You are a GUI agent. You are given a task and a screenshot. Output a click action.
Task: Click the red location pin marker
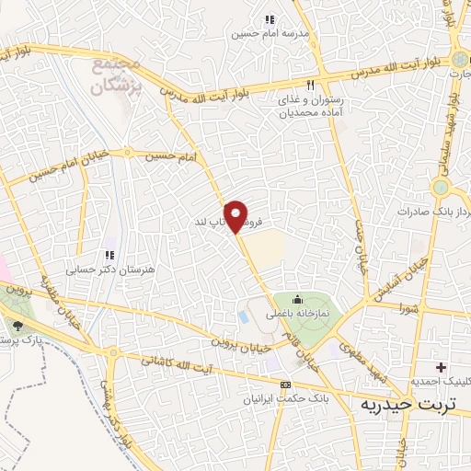click(237, 216)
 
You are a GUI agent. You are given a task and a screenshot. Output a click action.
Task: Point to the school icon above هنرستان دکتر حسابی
click(109, 255)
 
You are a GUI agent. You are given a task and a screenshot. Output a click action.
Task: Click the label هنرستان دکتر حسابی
click(97, 270)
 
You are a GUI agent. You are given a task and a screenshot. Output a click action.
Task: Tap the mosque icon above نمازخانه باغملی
click(297, 299)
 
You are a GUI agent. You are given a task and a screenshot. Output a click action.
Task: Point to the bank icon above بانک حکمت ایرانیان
click(285, 384)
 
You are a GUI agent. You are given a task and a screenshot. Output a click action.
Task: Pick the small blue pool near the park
click(243, 316)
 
